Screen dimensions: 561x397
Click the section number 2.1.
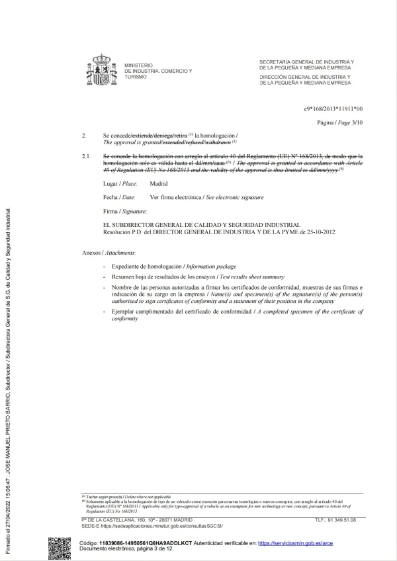click(x=85, y=155)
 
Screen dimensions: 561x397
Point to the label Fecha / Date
click(x=119, y=197)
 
